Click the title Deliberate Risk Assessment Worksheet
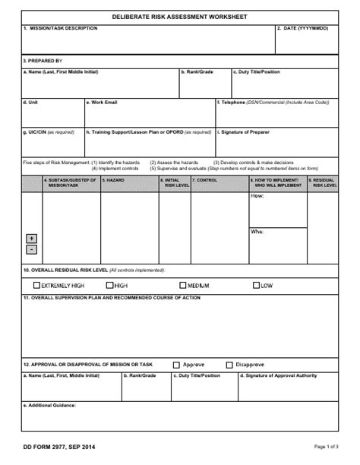pyautogui.click(x=180, y=16)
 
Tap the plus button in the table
pyautogui.click(x=31, y=238)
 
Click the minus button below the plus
pyautogui.click(x=31, y=249)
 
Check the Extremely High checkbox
pyautogui.click(x=36, y=286)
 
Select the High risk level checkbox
pyautogui.click(x=110, y=286)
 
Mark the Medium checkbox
pyautogui.click(x=183, y=286)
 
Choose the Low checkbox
pyautogui.click(x=256, y=286)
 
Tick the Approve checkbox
pyautogui.click(x=177, y=364)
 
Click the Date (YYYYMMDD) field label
pyautogui.click(x=305, y=28)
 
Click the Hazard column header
pyautogui.click(x=115, y=180)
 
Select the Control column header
pyautogui.click(x=206, y=180)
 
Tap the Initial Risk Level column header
pyautogui.click(x=174, y=182)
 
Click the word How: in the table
pyautogui.click(x=257, y=196)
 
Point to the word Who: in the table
pyautogui.click(x=257, y=230)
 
